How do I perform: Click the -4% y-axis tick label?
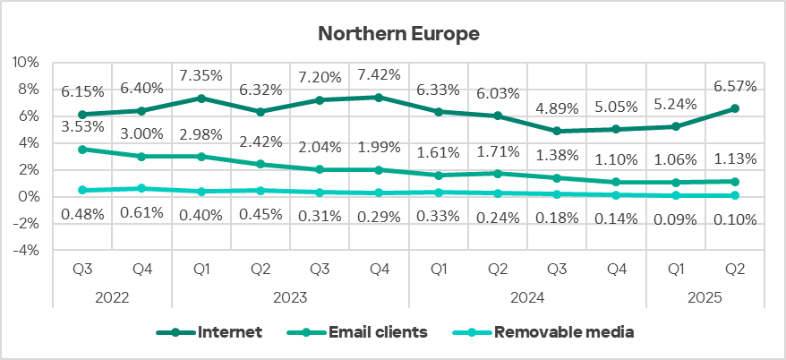[x=25, y=250]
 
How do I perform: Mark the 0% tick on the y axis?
[x=29, y=196]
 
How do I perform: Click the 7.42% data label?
[x=380, y=73]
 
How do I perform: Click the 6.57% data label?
[x=735, y=87]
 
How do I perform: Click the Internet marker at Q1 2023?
[x=201, y=98]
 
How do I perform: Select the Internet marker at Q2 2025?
[x=735, y=108]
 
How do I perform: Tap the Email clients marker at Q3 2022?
[x=83, y=149]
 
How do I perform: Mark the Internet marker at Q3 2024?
[x=557, y=131]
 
